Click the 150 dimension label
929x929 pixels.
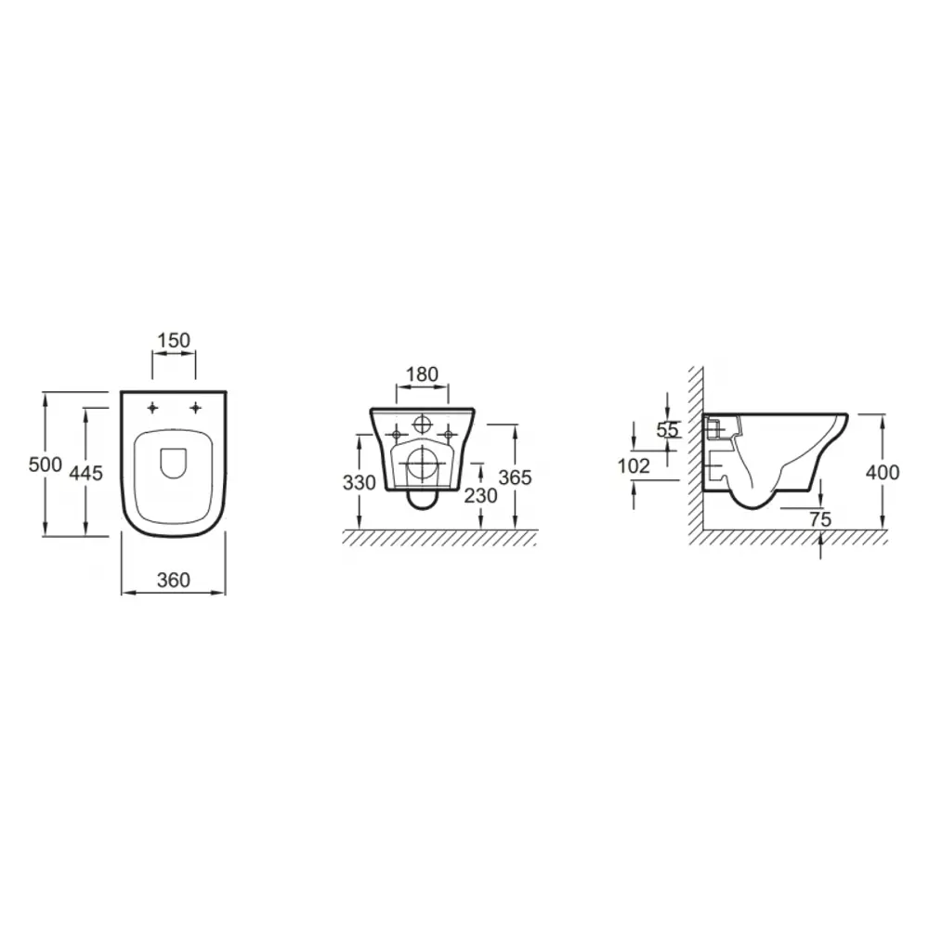point(174,340)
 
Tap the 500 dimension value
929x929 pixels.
point(45,464)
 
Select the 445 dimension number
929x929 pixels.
point(86,473)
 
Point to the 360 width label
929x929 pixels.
point(173,580)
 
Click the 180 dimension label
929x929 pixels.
point(423,374)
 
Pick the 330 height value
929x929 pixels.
point(359,482)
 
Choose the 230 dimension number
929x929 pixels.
point(480,495)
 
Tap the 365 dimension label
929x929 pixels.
point(515,478)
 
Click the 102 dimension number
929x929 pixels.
point(634,466)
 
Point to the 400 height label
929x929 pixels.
point(882,472)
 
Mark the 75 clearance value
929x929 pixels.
point(819,519)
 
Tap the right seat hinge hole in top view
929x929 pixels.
point(196,408)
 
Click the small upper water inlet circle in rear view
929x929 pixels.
point(423,424)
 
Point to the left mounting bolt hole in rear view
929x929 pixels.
point(397,433)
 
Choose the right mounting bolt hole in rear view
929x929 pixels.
point(449,433)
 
